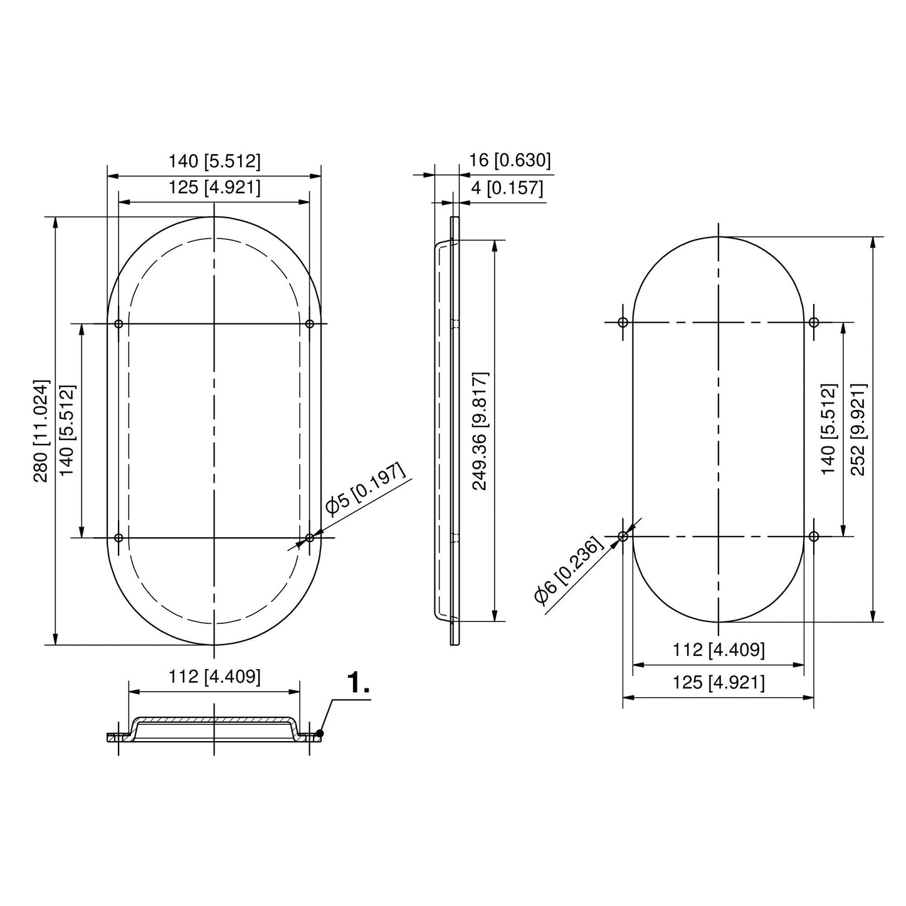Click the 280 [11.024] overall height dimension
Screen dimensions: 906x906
pos(41,430)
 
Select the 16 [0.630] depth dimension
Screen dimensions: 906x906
pos(510,161)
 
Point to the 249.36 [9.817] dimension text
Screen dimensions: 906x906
pos(480,430)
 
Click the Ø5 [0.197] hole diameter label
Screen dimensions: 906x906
pos(365,490)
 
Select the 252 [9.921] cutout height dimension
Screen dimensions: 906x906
pos(858,429)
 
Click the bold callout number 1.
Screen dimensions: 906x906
pos(358,683)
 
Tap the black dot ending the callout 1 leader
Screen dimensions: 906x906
pos(320,733)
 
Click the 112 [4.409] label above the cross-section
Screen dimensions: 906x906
pos(214,677)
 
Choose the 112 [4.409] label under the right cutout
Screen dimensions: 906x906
pos(719,650)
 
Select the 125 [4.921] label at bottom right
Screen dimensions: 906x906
pos(719,682)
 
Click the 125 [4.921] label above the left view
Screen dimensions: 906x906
pos(214,187)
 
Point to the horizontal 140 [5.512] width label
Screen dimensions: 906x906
pos(214,161)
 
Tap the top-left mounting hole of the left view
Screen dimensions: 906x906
pos(119,324)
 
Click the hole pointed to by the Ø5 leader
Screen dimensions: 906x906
pos(310,537)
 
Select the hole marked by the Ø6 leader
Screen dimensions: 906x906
pos(623,536)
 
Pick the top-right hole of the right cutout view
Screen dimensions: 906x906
pos(814,322)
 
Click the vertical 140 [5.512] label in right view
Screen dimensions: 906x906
pos(828,429)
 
